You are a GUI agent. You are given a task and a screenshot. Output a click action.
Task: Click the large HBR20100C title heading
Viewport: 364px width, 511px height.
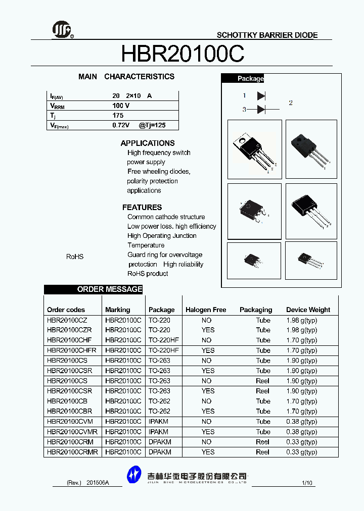(x=183, y=53)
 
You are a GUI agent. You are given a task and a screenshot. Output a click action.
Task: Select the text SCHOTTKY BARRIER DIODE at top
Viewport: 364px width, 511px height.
(x=267, y=35)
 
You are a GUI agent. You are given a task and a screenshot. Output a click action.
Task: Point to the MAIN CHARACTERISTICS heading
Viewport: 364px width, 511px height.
(x=126, y=77)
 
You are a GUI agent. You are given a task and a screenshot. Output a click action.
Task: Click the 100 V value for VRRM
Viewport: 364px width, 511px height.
(x=121, y=106)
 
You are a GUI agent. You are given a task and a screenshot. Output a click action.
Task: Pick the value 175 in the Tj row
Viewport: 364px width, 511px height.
(x=118, y=115)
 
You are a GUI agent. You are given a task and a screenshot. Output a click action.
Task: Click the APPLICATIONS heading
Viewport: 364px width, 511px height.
(x=148, y=143)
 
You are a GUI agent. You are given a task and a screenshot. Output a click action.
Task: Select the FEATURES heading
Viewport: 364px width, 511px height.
(x=142, y=208)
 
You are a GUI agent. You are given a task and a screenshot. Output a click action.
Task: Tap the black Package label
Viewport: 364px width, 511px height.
(x=250, y=79)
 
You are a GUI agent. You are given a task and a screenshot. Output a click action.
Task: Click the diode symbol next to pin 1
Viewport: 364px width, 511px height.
(x=261, y=95)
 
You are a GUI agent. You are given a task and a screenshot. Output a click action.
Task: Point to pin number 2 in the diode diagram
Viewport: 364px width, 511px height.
(x=291, y=103)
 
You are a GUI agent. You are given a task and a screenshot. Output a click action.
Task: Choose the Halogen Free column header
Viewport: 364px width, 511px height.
(x=206, y=310)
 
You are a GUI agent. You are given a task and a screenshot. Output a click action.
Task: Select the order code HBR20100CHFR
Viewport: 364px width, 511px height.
(x=71, y=350)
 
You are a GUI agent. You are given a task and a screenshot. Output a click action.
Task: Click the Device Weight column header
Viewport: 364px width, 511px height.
(x=308, y=310)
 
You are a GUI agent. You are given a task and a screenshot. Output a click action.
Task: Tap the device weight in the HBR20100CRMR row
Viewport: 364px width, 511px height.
(x=301, y=452)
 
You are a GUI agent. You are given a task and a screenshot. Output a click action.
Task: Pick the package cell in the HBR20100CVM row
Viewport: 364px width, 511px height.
(x=158, y=422)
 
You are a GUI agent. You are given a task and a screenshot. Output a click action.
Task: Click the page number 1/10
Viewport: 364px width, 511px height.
(x=307, y=483)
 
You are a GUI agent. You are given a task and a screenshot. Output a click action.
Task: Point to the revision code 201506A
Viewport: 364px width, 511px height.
(x=98, y=483)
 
